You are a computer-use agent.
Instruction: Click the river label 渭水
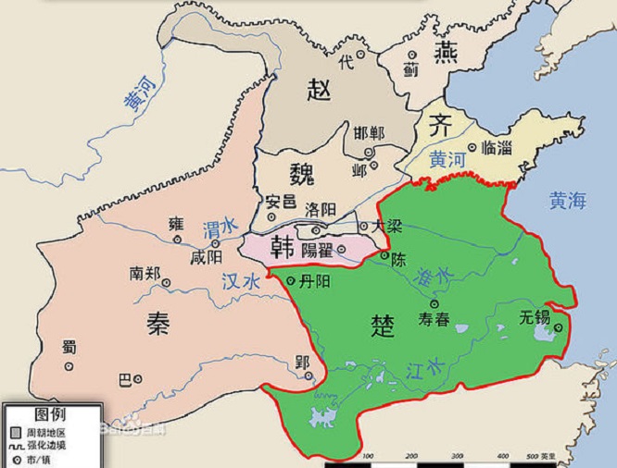(x=219, y=226)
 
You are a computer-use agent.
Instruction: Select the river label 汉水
(x=239, y=281)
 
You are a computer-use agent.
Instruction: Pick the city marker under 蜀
(x=68, y=365)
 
